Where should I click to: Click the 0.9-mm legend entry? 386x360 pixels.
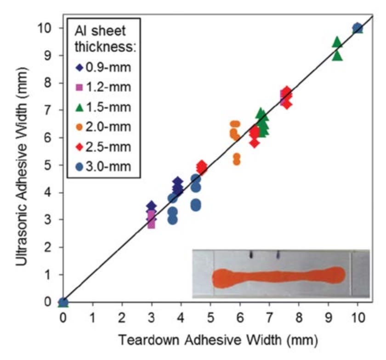click(104, 67)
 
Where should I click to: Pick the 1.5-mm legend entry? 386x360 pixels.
click(104, 107)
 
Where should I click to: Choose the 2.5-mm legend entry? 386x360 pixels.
click(104, 146)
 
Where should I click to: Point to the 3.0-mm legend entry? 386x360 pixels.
click(104, 166)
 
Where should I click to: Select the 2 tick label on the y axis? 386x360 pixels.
click(47, 247)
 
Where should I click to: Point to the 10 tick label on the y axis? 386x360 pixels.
click(44, 28)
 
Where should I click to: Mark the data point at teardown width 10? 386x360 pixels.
click(358, 28)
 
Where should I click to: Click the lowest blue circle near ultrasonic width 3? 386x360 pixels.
click(173, 219)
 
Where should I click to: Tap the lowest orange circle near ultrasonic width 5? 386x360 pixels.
click(237, 161)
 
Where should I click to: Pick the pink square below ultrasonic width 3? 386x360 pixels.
click(151, 224)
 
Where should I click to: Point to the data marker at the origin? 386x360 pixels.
click(63, 302)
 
